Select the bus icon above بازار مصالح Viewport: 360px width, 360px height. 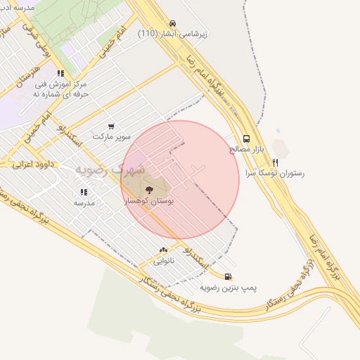click(x=246, y=139)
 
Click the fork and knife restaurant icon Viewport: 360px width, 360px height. click(x=275, y=162)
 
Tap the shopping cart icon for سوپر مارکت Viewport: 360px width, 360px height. click(x=111, y=127)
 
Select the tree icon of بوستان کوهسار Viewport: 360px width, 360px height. click(x=149, y=189)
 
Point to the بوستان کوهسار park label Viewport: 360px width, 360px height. click(x=149, y=201)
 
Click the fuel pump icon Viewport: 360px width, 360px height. click(x=227, y=276)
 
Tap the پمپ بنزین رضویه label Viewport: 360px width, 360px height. click(x=229, y=288)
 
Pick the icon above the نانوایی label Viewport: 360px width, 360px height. click(x=164, y=250)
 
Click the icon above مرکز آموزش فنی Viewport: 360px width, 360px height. click(x=61, y=73)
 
